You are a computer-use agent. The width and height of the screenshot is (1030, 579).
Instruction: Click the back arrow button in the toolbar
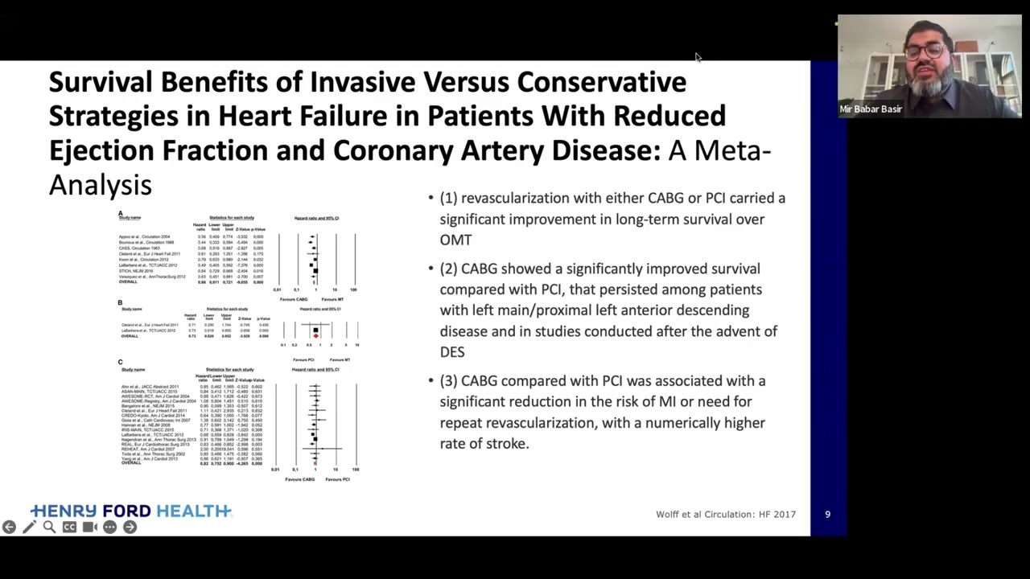[x=9, y=528]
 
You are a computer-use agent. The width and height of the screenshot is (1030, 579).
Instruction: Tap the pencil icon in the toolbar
[x=29, y=528]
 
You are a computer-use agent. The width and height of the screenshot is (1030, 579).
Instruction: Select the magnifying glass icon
[x=49, y=528]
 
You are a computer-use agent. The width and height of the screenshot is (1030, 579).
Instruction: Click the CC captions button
[x=69, y=528]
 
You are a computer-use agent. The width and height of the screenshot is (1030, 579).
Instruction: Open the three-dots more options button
[x=109, y=528]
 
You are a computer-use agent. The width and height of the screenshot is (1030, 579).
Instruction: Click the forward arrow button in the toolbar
[x=130, y=528]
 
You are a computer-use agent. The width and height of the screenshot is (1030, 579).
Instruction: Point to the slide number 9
[x=827, y=514]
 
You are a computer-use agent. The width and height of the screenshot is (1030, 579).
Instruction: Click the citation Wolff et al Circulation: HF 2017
[x=725, y=514]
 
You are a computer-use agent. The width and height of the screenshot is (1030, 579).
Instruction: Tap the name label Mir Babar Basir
[x=871, y=109]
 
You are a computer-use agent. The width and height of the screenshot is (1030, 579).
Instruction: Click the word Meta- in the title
[x=732, y=150]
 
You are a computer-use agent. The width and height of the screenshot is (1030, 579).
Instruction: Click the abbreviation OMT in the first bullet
[x=455, y=240]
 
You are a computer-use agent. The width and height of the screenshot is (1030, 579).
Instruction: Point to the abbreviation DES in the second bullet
[x=452, y=351]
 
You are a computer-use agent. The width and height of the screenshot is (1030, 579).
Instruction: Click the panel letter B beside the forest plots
[x=120, y=302]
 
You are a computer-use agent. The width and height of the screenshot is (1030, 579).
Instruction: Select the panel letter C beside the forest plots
[x=120, y=363]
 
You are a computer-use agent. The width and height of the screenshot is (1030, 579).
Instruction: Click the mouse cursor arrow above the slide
[x=698, y=57]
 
